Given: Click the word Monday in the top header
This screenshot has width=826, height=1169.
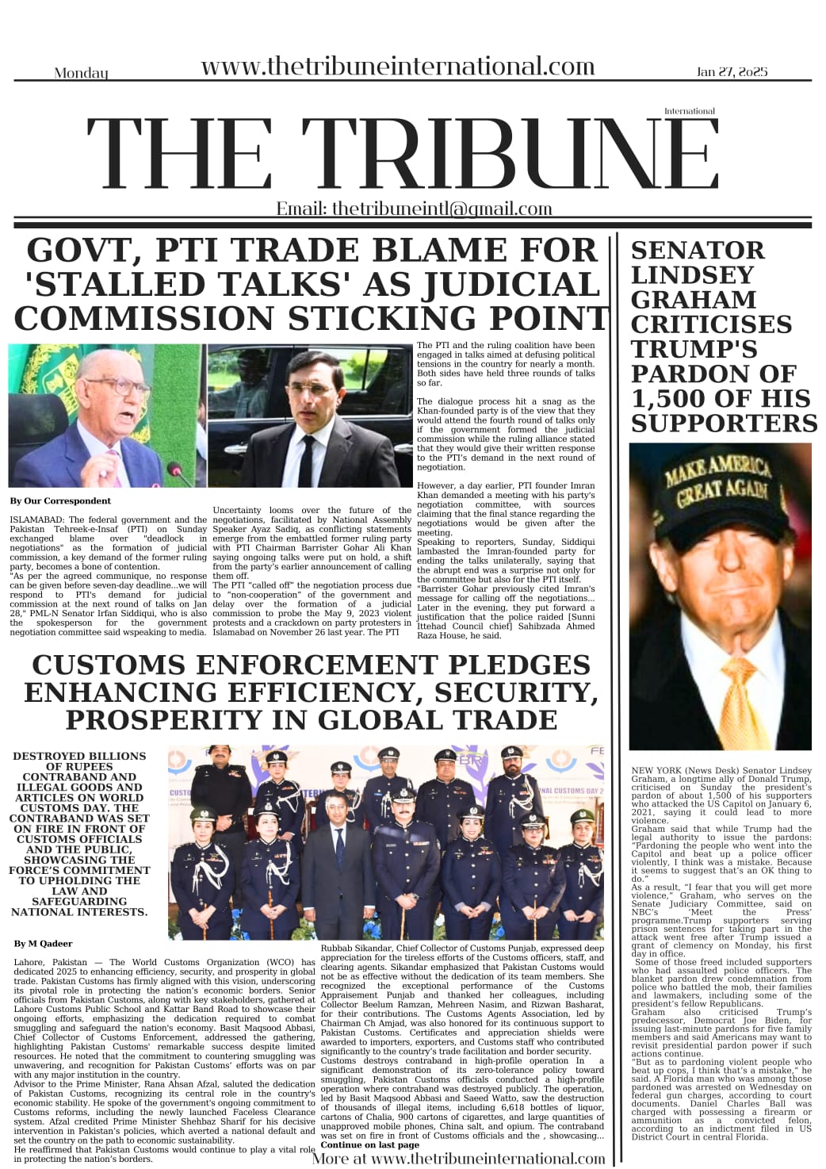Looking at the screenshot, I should click(x=81, y=73).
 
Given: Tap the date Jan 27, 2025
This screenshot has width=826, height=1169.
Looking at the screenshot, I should click(x=732, y=71).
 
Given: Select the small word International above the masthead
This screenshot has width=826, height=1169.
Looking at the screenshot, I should click(x=689, y=111).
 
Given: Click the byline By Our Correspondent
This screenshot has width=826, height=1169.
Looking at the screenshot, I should click(x=60, y=501).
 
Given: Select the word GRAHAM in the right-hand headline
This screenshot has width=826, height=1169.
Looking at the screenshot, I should click(x=694, y=300).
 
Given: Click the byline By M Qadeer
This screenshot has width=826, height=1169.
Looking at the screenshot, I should click(x=43, y=944).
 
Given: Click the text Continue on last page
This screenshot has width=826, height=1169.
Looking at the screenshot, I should click(x=369, y=1145).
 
